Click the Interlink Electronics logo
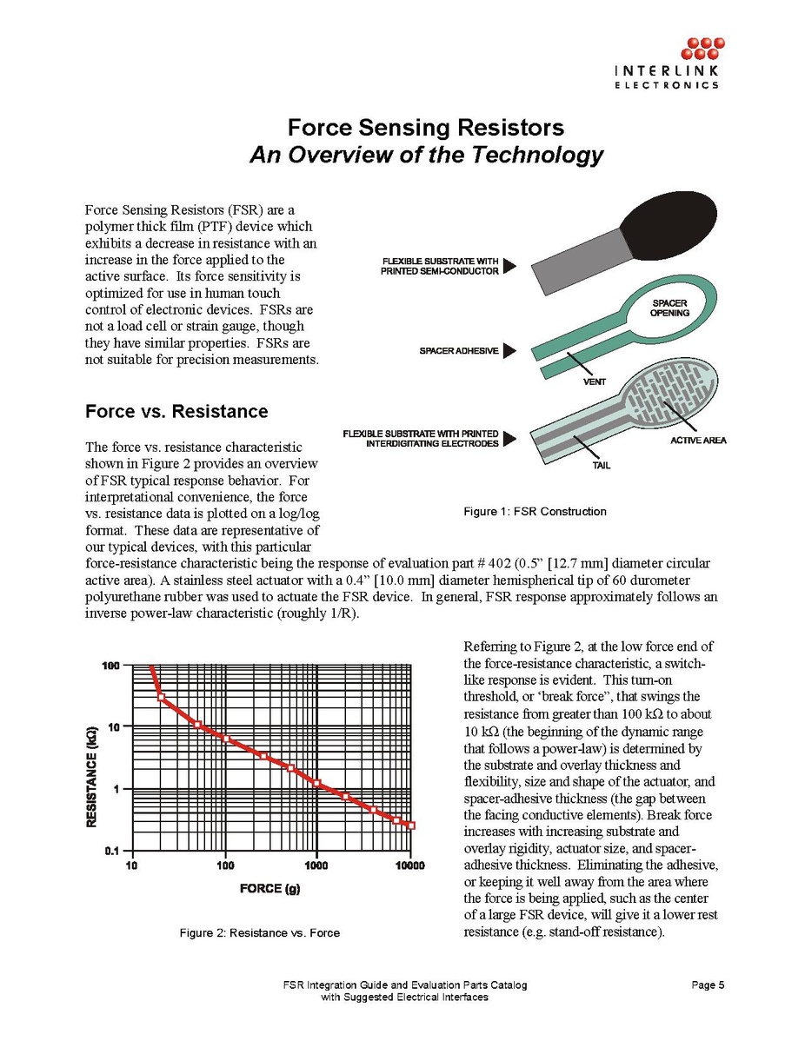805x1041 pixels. [x=667, y=63]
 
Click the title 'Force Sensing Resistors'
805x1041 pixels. [x=426, y=128]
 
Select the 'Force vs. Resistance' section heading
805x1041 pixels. [x=176, y=411]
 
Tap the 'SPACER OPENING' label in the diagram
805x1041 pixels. [x=670, y=308]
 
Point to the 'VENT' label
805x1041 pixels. [x=595, y=381]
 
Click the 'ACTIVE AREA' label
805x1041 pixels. [x=698, y=441]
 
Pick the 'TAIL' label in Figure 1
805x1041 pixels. [x=601, y=465]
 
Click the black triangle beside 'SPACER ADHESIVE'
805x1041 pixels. [x=510, y=350]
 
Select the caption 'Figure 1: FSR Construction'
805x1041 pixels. [x=535, y=511]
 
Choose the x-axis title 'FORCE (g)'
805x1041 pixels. [x=272, y=888]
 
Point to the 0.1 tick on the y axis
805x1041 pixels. [x=112, y=851]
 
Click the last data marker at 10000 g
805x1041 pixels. [x=412, y=826]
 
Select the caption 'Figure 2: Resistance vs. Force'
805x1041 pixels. [x=259, y=933]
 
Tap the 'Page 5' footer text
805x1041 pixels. [x=708, y=985]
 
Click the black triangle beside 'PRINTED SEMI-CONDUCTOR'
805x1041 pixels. [x=510, y=265]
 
